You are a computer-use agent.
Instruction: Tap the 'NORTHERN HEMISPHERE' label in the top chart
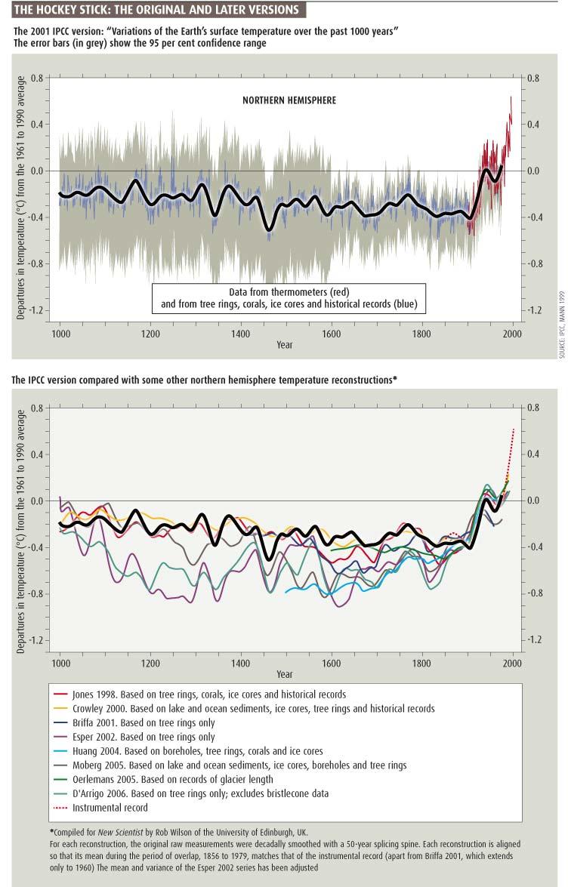(x=289, y=100)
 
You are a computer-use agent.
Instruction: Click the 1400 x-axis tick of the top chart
(x=240, y=333)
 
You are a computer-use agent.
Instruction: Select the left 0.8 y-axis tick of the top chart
(x=36, y=78)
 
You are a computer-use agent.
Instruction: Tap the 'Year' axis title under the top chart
(x=284, y=345)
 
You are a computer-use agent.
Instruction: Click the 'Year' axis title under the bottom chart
(x=284, y=674)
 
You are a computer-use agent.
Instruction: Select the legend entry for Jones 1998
(x=209, y=694)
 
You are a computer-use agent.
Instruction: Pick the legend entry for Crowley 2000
(x=254, y=708)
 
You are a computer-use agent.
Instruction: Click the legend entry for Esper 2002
(x=144, y=737)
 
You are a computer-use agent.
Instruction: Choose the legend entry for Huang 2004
(x=198, y=751)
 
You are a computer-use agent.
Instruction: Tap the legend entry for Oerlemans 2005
(x=173, y=779)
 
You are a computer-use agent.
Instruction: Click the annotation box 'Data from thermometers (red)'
(x=289, y=298)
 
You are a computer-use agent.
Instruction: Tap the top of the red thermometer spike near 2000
(x=511, y=97)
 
